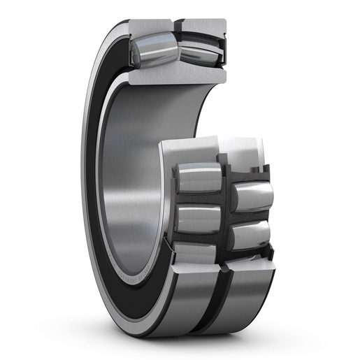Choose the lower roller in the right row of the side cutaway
[250, 235]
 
